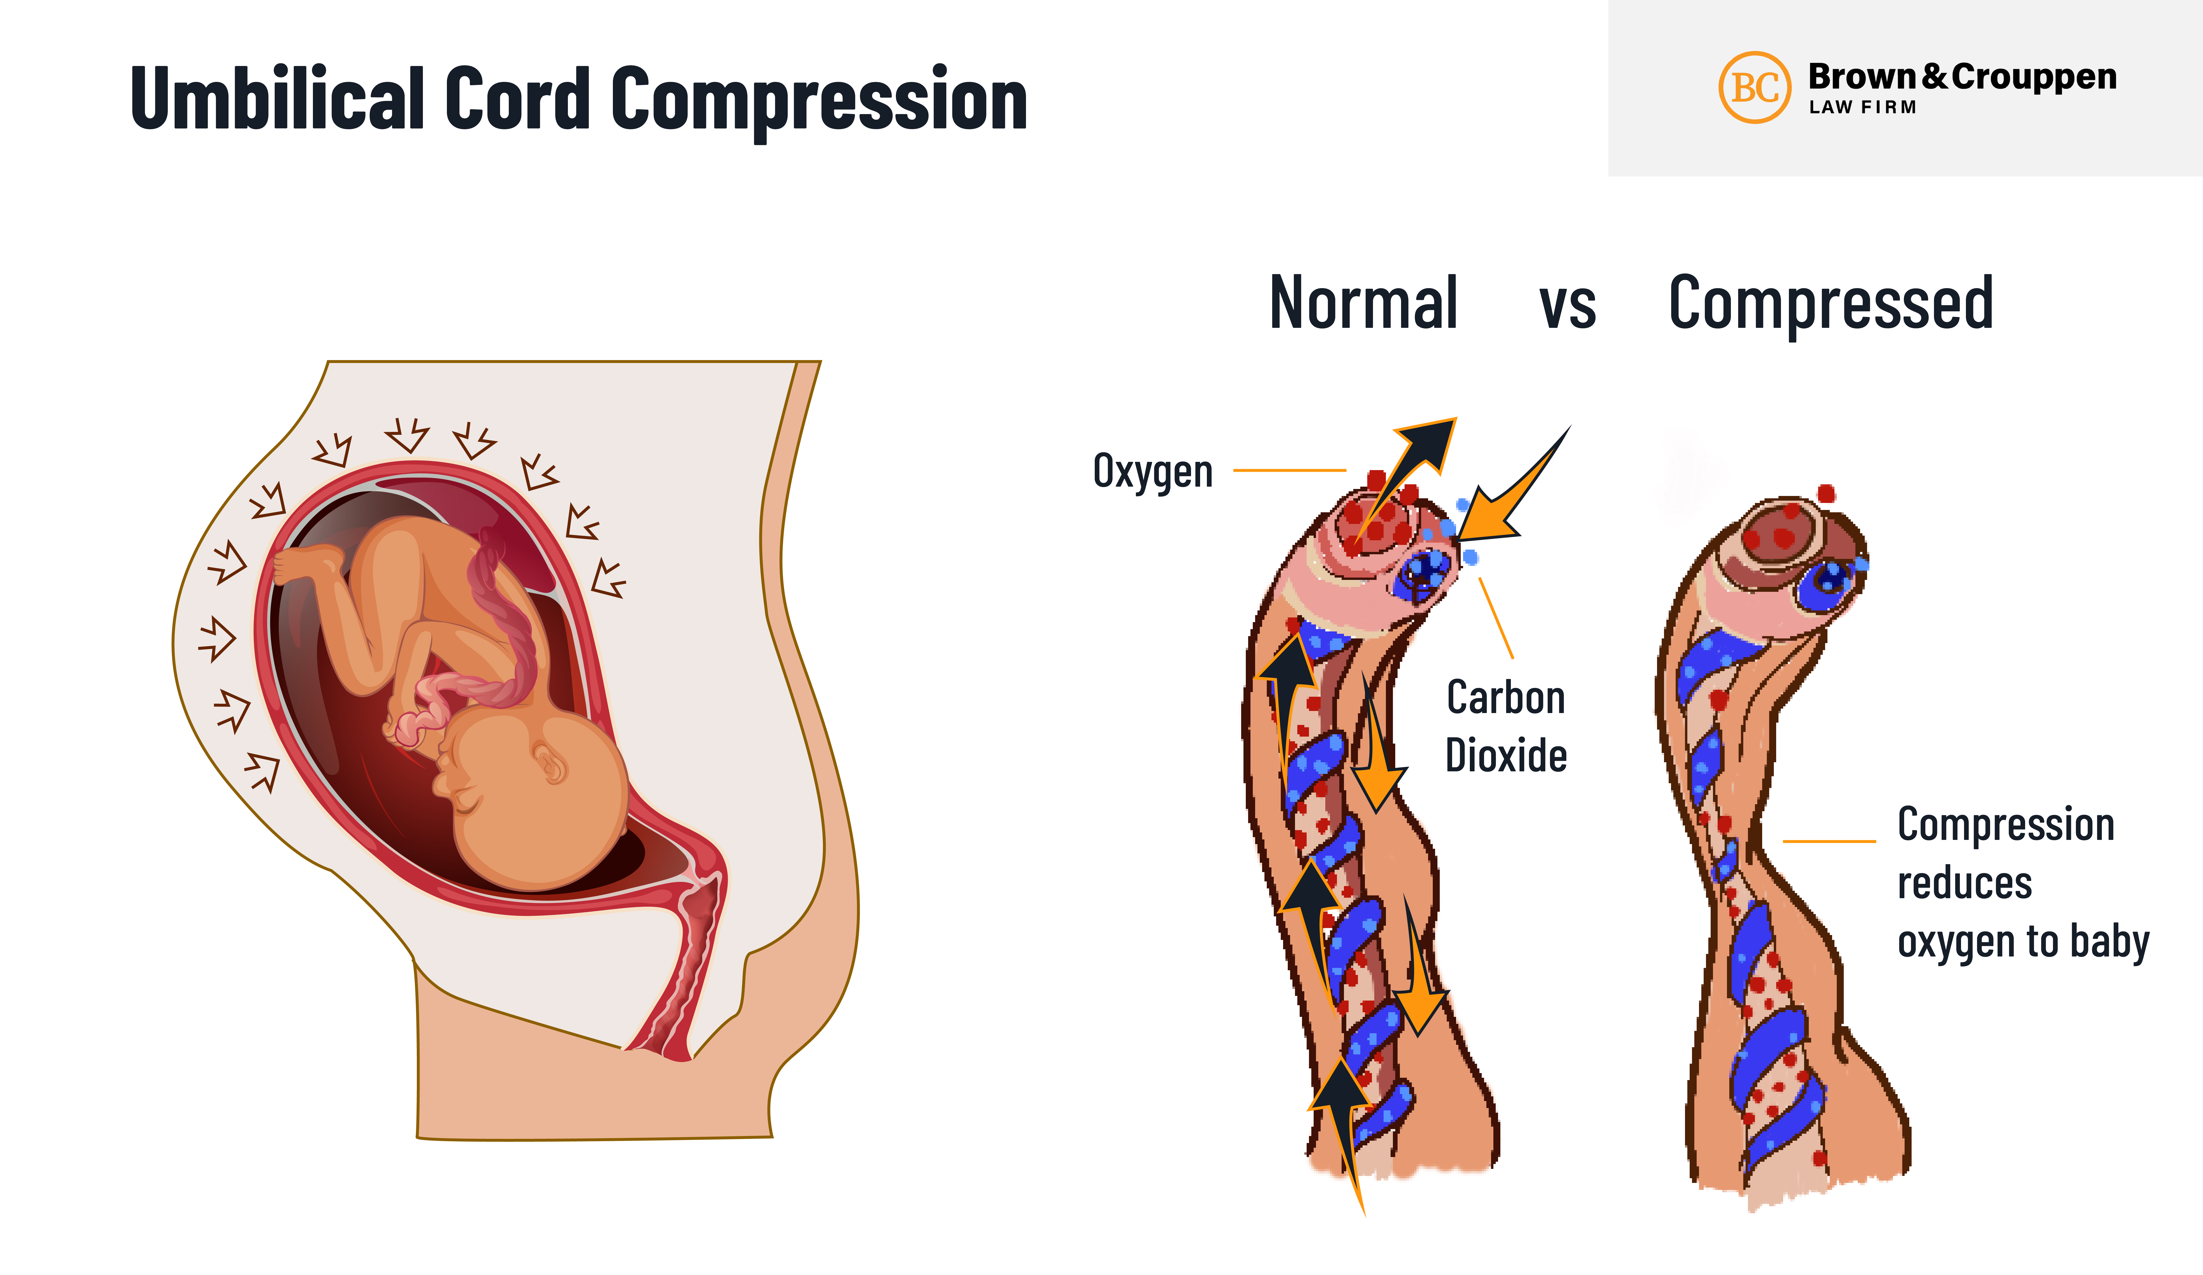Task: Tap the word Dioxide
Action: click(x=1505, y=755)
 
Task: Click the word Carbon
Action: click(x=1505, y=698)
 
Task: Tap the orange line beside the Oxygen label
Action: click(x=1289, y=471)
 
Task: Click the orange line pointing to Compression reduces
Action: click(x=1829, y=841)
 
